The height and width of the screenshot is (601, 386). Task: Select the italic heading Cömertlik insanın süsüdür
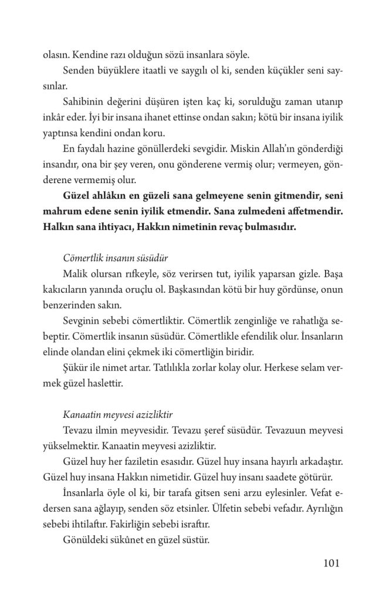click(112, 258)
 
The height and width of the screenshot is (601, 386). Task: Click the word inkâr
click(55, 119)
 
